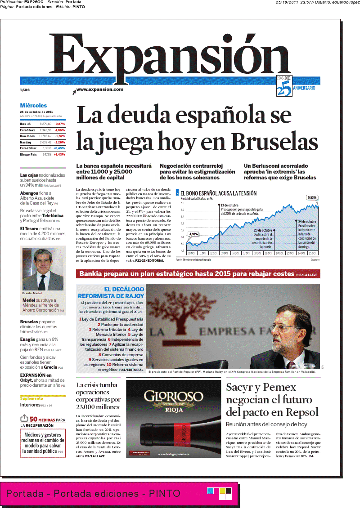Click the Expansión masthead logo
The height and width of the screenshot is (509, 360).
pos(175,56)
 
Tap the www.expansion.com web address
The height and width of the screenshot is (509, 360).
pos(99,89)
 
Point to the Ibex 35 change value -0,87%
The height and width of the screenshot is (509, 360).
pos(60,124)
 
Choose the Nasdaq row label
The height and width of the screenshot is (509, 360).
pos(25,142)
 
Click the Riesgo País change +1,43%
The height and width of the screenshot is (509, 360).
pos(59,154)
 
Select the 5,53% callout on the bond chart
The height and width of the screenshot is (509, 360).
pos(312,197)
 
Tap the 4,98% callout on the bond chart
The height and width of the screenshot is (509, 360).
pos(193,234)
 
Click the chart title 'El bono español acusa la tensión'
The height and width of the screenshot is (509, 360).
pos(218,193)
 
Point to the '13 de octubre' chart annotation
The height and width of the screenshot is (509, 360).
pos(230,205)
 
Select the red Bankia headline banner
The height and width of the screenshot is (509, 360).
pos(198,274)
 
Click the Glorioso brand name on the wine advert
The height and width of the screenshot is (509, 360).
pos(173,397)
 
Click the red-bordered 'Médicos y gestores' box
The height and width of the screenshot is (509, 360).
pos(43,443)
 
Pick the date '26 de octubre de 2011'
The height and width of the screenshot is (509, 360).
pos(36,112)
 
